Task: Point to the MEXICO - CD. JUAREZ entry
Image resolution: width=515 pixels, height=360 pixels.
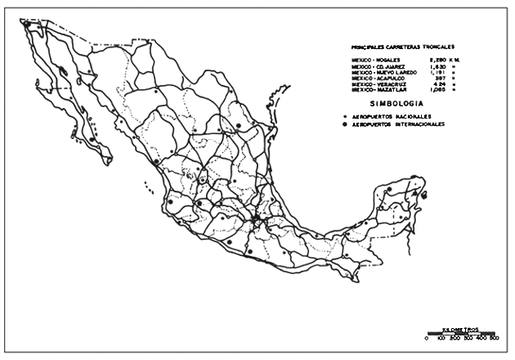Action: click(377, 66)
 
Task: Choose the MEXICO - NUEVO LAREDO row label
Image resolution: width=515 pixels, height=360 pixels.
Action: click(383, 72)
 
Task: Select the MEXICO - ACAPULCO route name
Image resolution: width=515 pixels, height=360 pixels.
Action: click(377, 78)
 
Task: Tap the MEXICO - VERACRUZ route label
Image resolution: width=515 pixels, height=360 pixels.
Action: click(377, 83)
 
